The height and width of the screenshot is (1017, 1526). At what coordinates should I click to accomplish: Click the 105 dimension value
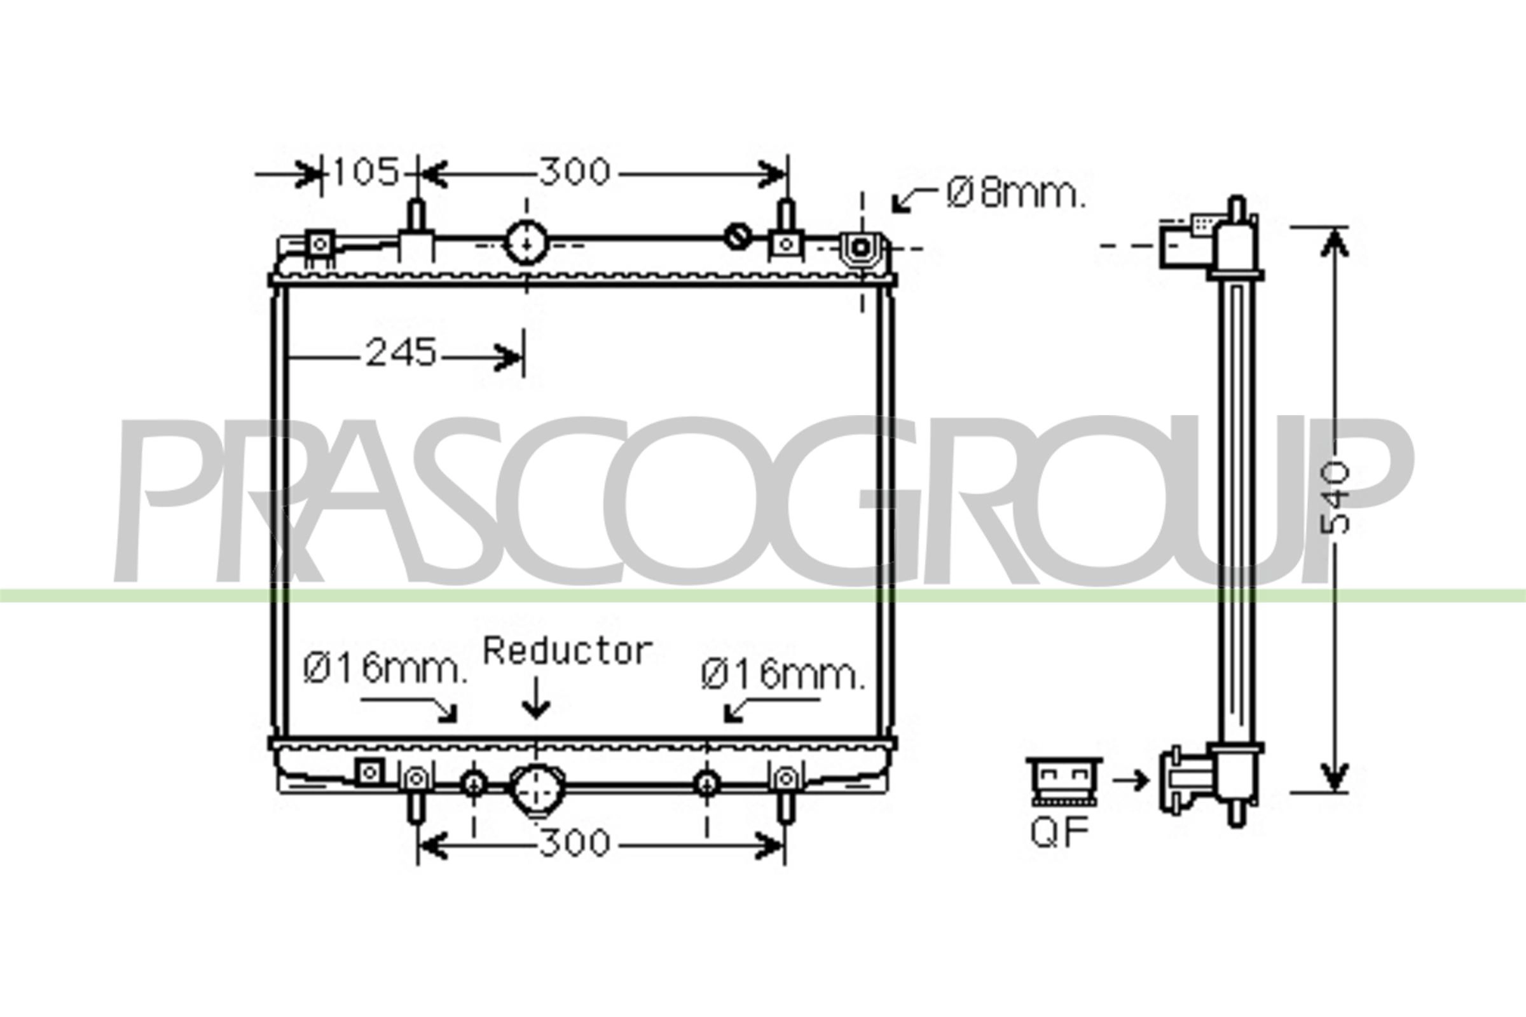point(365,172)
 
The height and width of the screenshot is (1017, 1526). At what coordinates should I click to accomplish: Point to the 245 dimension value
point(401,353)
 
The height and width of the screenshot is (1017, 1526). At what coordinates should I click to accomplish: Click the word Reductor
point(568,650)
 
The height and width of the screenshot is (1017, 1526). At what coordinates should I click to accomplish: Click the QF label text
point(1059,833)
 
